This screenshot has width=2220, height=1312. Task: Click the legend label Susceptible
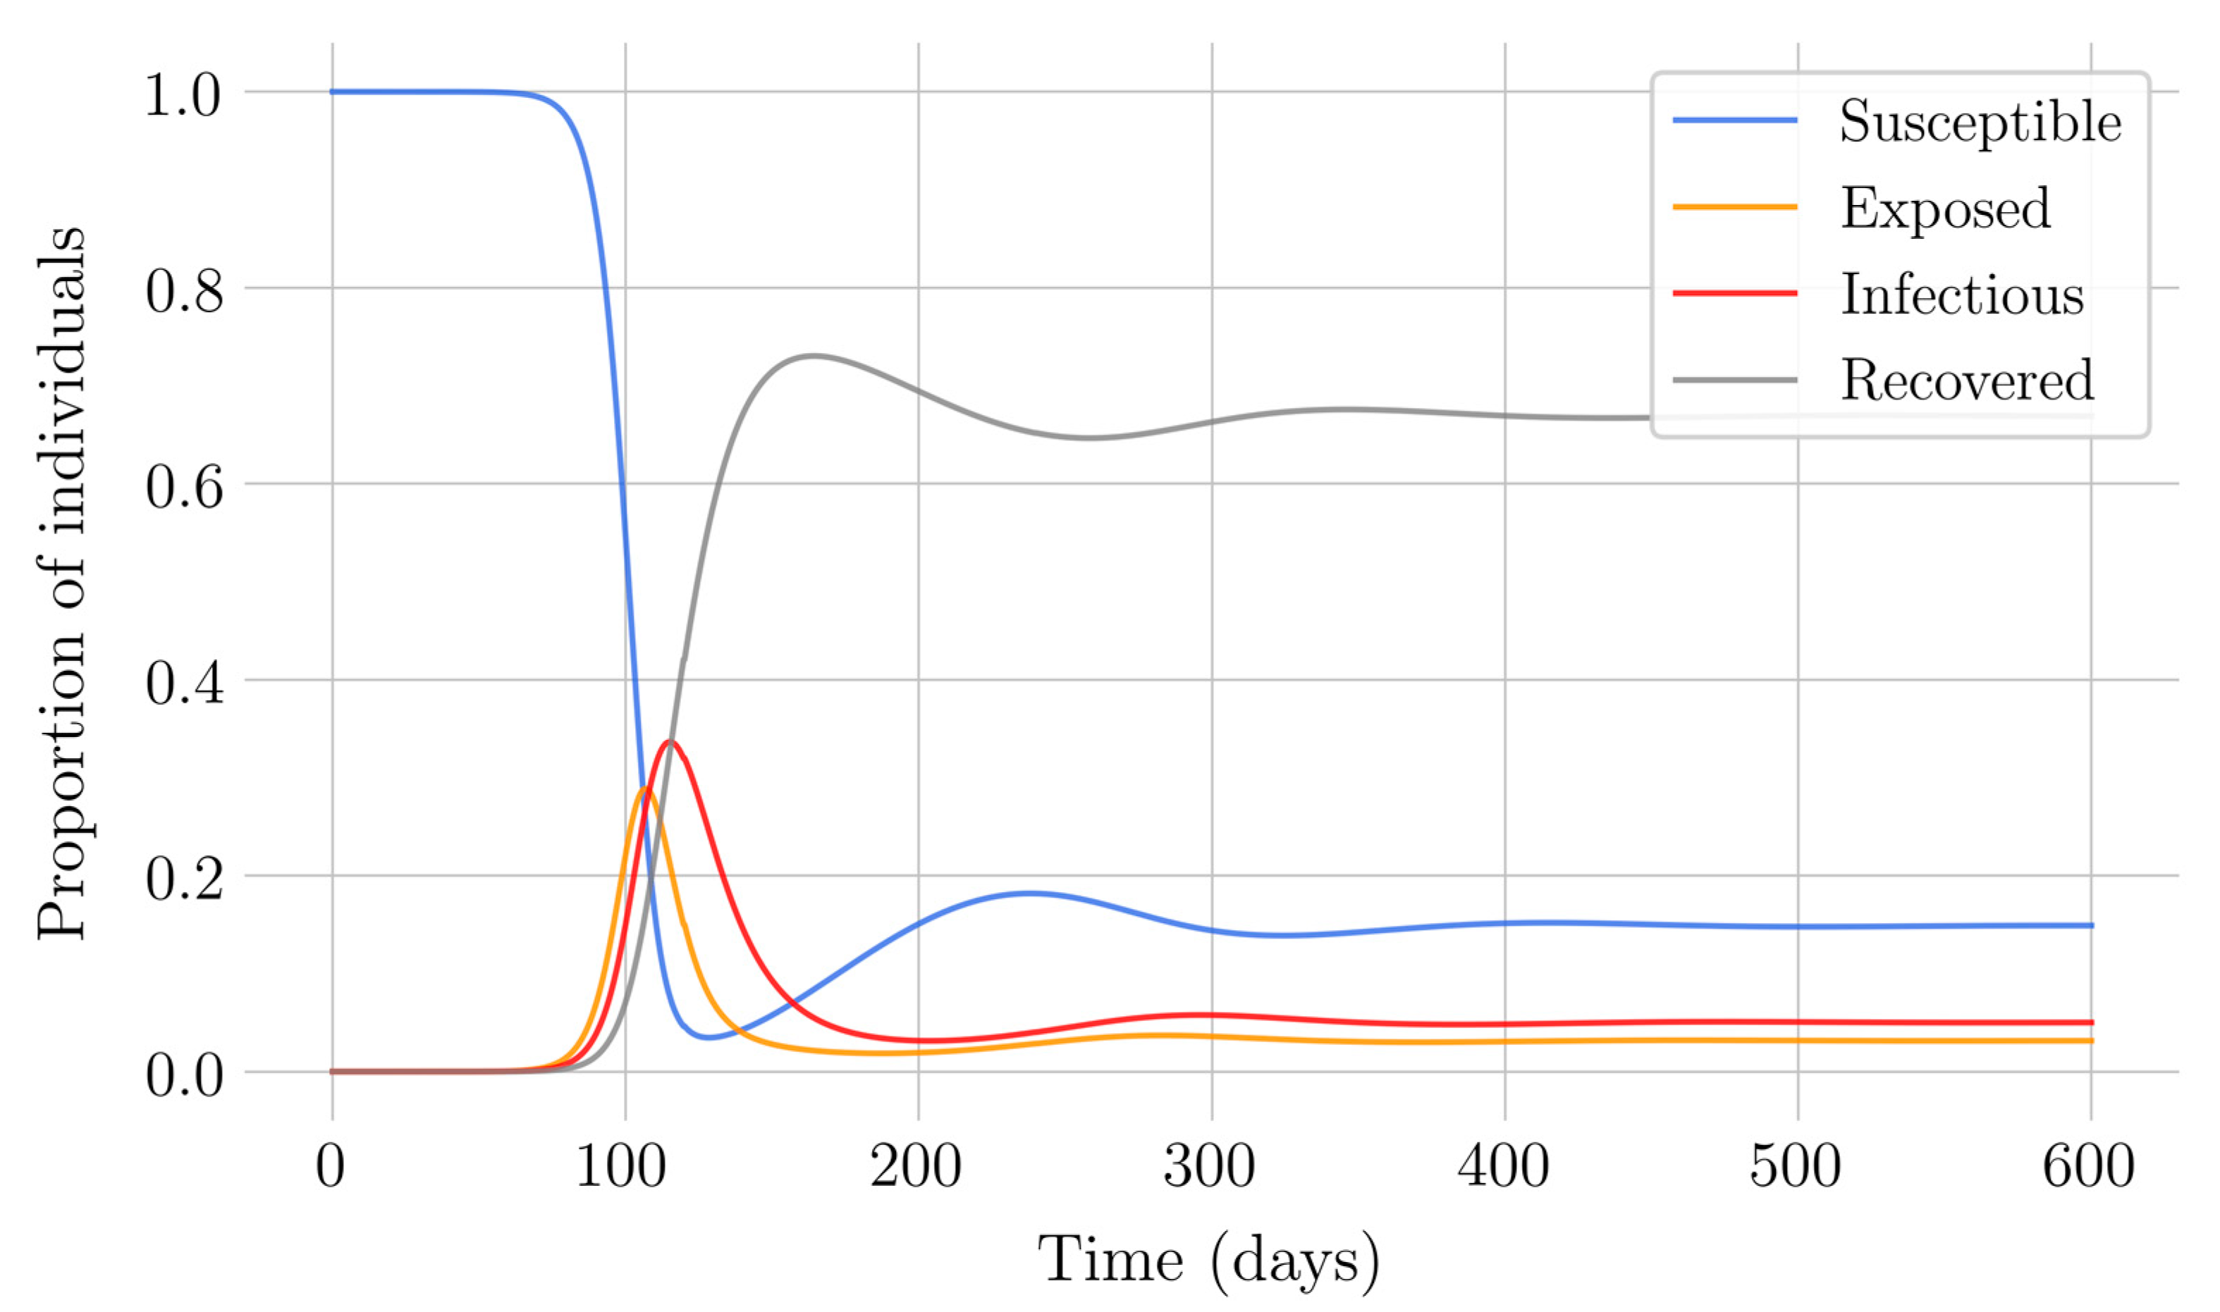click(1980, 122)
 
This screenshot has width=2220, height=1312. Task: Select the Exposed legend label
click(1945, 209)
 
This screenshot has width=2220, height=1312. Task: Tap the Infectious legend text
click(1962, 295)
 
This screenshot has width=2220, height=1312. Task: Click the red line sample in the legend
click(1734, 292)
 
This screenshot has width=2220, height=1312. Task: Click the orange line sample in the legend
click(1734, 207)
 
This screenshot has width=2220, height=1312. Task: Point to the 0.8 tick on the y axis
click(184, 291)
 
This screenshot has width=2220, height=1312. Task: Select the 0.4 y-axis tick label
click(184, 683)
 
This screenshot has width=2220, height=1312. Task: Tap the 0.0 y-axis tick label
click(184, 1075)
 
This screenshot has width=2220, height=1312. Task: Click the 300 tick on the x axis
click(1210, 1166)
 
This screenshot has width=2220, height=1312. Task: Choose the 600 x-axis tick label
click(2089, 1166)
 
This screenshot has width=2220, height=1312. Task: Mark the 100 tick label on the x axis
click(622, 1166)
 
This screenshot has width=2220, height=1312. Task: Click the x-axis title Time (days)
click(1208, 1260)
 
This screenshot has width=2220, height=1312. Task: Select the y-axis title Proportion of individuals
click(62, 583)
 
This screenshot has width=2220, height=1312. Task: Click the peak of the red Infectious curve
click(670, 741)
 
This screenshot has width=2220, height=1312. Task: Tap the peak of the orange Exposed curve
click(645, 788)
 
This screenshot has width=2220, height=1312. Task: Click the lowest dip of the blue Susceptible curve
click(709, 1037)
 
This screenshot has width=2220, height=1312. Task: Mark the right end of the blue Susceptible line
click(2091, 924)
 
